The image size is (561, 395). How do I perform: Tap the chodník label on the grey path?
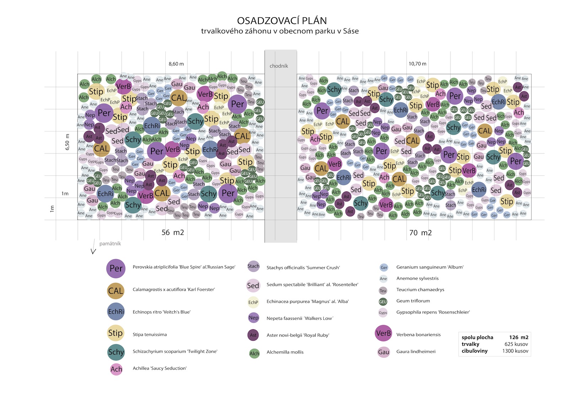tap(279, 66)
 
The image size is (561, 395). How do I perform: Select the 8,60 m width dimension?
tap(176, 64)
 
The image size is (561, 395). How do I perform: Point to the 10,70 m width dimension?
tap(417, 64)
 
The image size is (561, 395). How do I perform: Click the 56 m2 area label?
tap(173, 232)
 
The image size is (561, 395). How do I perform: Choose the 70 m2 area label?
tap(421, 233)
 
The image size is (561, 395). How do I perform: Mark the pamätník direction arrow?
tap(93, 247)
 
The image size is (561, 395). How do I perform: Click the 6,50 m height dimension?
tap(68, 142)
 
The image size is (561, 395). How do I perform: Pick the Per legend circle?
tap(116, 268)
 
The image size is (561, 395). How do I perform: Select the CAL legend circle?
tap(116, 291)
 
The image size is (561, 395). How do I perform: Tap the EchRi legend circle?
tap(116, 312)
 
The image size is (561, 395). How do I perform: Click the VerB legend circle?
tap(383, 333)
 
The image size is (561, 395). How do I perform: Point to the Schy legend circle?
tap(116, 352)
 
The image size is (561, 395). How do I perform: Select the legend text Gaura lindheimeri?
tap(416, 351)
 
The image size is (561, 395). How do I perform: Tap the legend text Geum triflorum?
tap(413, 301)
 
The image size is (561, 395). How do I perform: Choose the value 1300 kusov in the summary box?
tap(515, 351)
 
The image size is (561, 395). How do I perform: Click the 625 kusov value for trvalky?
tap(516, 344)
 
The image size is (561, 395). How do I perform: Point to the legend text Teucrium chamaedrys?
tap(420, 290)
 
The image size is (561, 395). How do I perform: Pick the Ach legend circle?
tap(116, 369)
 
